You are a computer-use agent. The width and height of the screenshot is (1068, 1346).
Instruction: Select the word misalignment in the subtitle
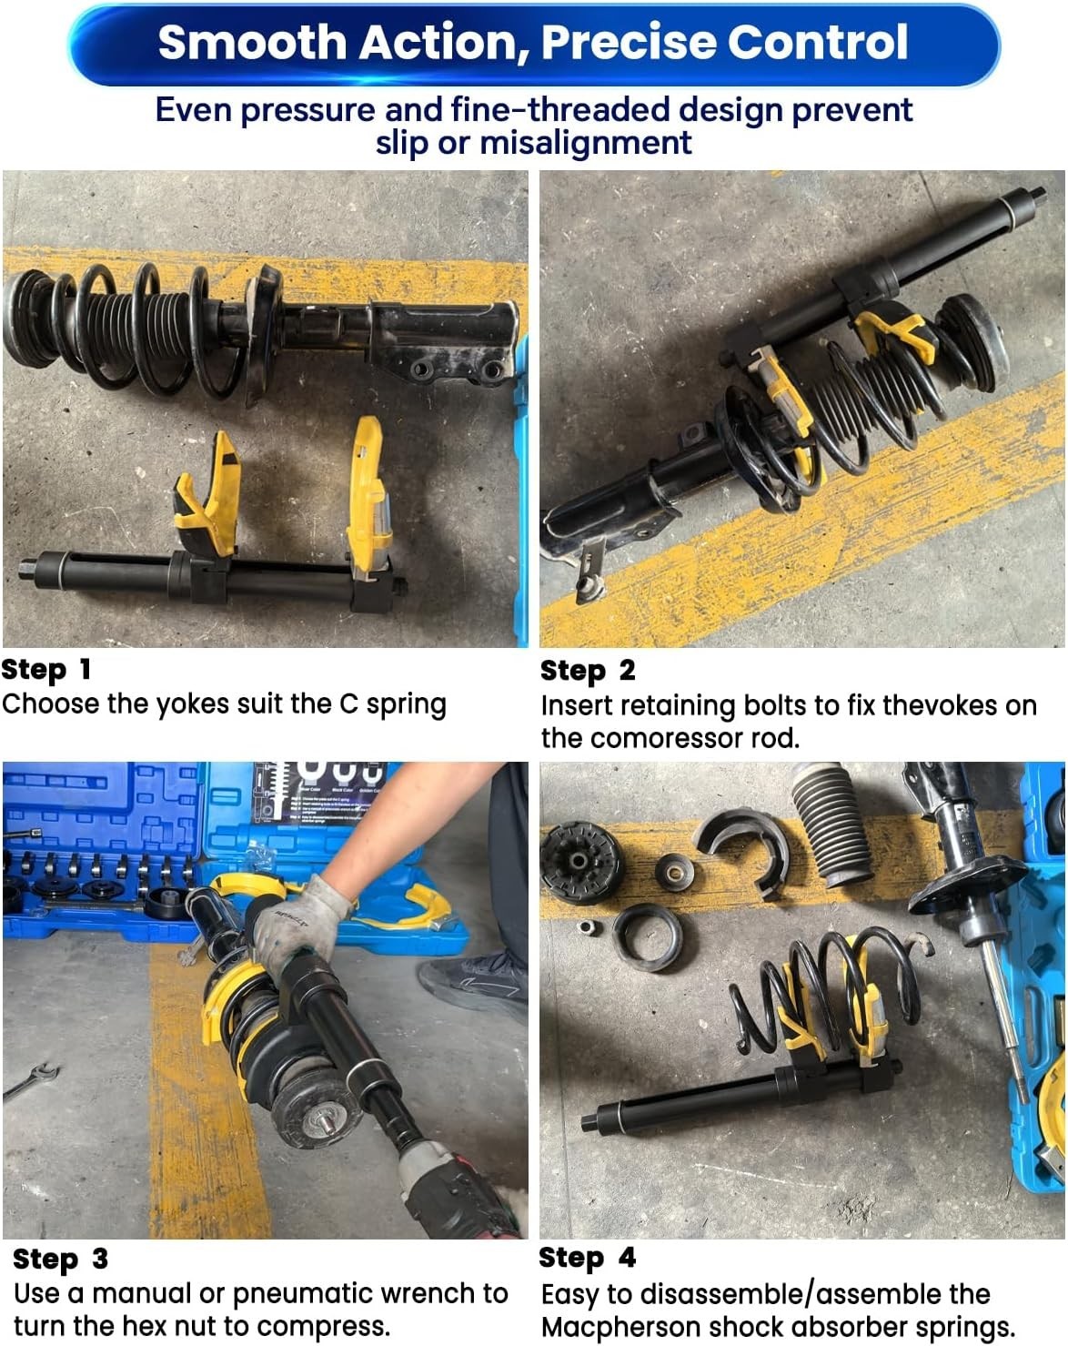(586, 143)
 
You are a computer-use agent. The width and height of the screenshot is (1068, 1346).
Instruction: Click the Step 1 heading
(46, 670)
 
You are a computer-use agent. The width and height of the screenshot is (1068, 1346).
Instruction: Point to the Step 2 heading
(588, 671)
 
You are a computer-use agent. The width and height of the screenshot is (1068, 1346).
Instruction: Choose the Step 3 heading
(60, 1259)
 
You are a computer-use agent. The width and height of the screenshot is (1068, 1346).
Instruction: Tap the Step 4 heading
(587, 1258)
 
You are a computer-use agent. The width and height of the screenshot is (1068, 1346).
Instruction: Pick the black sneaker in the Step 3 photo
(473, 983)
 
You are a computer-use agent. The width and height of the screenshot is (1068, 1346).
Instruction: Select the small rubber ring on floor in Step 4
(646, 937)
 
